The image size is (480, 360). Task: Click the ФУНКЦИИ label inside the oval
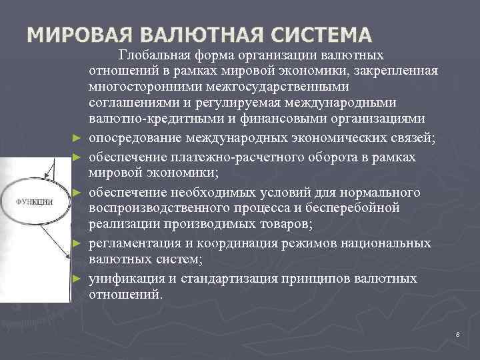pos(35,201)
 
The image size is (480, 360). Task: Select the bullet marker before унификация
pos(77,279)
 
